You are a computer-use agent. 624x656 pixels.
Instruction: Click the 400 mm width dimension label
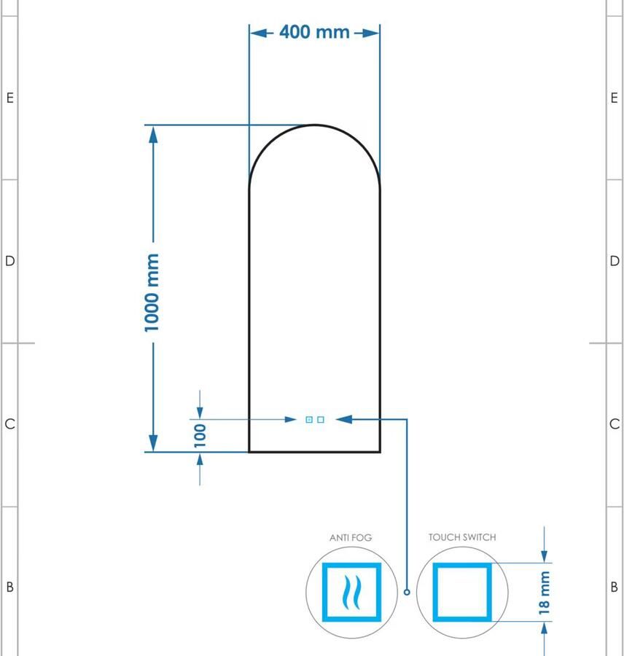click(x=314, y=32)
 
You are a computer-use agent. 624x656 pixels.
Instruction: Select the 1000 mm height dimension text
click(x=152, y=292)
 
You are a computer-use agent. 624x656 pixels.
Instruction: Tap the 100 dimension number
click(x=200, y=434)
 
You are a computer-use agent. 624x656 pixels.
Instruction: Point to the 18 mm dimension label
click(x=545, y=593)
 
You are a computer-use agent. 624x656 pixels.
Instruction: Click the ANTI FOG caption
click(x=351, y=537)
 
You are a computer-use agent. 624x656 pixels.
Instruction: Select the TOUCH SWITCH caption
click(x=462, y=537)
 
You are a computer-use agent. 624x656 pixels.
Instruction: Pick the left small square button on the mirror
click(x=309, y=420)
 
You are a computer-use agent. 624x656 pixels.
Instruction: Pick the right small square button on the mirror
click(x=321, y=420)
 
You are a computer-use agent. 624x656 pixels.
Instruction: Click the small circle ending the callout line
click(x=407, y=592)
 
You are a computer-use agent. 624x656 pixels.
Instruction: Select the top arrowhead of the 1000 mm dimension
click(x=153, y=133)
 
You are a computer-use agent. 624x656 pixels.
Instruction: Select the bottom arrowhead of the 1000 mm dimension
click(x=153, y=442)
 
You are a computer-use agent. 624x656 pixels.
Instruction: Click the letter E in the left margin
click(x=9, y=98)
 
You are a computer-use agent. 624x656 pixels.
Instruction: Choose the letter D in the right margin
click(x=615, y=261)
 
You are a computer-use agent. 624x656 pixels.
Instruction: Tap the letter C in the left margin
click(x=9, y=424)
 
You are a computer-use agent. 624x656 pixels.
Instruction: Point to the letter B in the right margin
click(x=615, y=587)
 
